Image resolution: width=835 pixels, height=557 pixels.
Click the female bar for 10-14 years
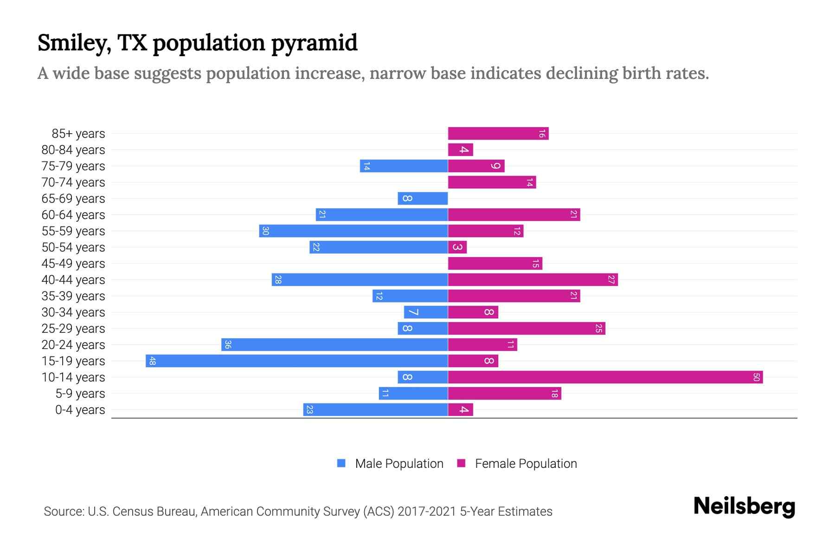point(605,377)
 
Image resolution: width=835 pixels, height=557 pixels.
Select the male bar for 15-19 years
point(297,361)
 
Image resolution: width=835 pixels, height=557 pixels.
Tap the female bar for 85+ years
point(498,134)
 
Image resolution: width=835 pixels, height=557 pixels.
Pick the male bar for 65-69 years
point(423,199)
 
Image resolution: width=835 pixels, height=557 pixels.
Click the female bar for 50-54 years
point(457,247)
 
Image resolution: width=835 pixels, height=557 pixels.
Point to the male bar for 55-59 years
point(353,231)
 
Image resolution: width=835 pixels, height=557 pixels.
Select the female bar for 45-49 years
point(495,264)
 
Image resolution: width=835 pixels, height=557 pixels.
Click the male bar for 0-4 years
point(375,410)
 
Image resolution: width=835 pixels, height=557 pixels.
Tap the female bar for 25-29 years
point(527,329)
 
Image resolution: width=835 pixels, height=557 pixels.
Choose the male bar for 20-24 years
point(334,345)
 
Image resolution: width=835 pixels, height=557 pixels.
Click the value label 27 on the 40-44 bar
point(611,280)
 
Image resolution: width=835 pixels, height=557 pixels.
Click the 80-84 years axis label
point(73,150)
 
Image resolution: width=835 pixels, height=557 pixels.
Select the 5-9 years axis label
point(80,394)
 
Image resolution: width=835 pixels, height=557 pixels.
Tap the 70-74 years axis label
point(73,182)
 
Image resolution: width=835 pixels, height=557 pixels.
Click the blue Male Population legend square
point(341,463)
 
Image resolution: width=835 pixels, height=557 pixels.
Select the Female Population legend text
point(526,464)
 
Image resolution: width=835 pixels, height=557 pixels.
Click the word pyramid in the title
point(314,43)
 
